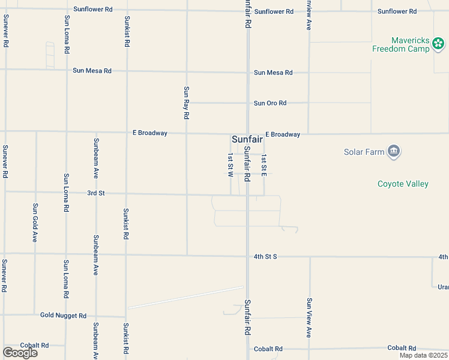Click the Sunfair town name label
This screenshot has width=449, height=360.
[x=247, y=139]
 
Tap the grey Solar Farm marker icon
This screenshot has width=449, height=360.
[x=394, y=151]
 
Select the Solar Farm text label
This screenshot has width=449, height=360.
[x=364, y=152]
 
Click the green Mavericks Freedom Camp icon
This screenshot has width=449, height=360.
[x=438, y=44]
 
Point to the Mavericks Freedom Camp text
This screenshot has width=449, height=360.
[x=401, y=44]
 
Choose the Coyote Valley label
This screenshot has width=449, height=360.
[x=403, y=184]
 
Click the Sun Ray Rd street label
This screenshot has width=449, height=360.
[x=187, y=102]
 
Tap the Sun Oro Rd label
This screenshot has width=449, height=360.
[x=270, y=103]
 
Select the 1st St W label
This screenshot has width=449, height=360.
[x=230, y=164]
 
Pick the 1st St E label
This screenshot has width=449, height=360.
[x=264, y=164]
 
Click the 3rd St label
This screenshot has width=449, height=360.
[x=96, y=193]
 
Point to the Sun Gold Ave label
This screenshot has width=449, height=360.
[x=35, y=222]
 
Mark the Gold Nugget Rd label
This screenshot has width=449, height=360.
[x=64, y=315]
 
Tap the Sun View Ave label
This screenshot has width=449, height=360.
[x=309, y=317]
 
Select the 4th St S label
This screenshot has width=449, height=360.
[x=265, y=257]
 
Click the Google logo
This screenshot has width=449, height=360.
[x=20, y=353]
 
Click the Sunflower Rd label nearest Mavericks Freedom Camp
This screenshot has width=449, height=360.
[x=397, y=11]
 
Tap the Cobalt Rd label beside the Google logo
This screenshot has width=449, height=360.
[x=34, y=346]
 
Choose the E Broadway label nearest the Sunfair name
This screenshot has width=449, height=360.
[x=283, y=134]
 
